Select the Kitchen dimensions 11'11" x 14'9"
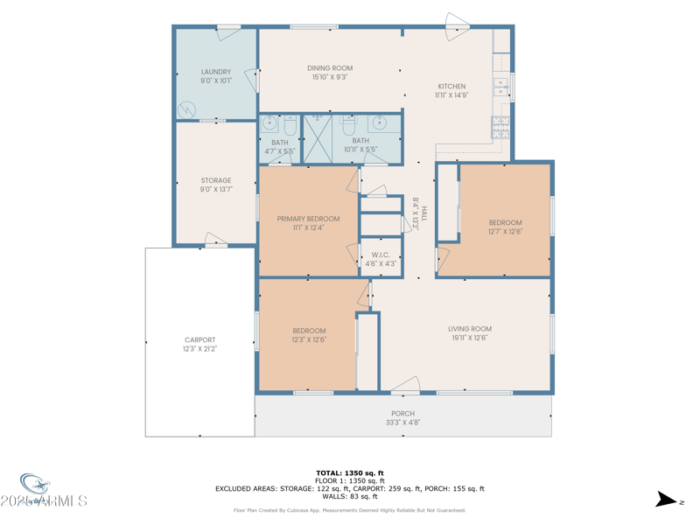[451, 95]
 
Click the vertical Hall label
[419, 213]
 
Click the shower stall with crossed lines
[317, 138]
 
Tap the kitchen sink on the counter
[501, 86]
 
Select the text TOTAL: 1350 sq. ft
[350, 472]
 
